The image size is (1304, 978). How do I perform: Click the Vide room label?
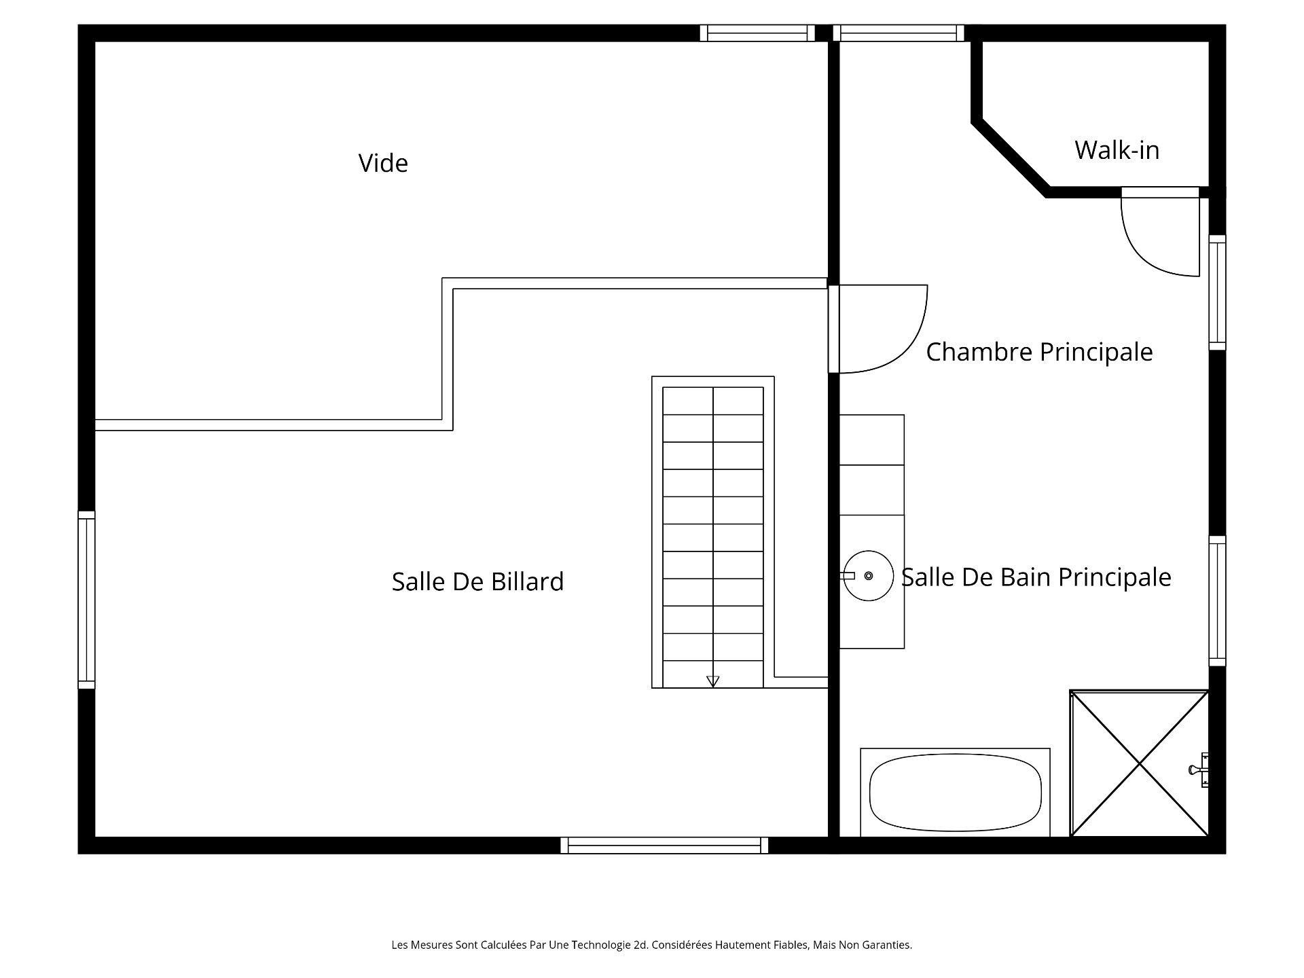[383, 163]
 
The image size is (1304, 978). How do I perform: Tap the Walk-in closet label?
[1117, 150]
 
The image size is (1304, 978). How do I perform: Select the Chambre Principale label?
[1039, 352]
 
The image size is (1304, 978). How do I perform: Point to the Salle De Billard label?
[477, 581]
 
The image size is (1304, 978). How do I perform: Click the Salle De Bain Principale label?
[1036, 577]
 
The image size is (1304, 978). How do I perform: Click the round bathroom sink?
[868, 576]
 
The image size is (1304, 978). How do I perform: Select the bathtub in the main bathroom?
[955, 792]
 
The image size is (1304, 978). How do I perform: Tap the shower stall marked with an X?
[1139, 763]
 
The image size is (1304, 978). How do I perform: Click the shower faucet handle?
[1199, 769]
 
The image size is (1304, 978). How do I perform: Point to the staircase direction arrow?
[712, 681]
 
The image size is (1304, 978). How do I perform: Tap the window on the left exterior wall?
[86, 600]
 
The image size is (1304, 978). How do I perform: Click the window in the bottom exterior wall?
[664, 846]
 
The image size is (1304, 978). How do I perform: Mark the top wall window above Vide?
[757, 33]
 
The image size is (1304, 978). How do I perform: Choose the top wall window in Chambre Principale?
[899, 33]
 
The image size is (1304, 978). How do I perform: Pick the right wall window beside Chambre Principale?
[1218, 293]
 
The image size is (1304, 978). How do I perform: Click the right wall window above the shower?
[1218, 601]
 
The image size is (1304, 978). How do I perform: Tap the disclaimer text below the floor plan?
[651, 945]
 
